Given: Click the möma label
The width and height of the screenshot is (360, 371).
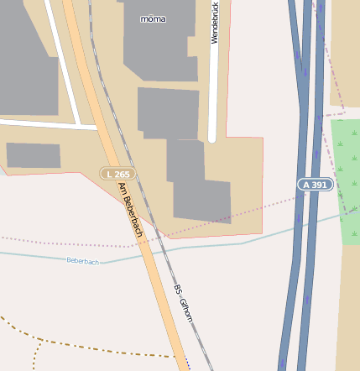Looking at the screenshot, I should point(153,18).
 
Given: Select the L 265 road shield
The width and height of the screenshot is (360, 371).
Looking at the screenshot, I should point(117,174).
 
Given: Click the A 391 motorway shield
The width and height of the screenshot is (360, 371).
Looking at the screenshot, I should point(316,184).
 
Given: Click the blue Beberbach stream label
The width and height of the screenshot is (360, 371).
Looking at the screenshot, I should point(83,262).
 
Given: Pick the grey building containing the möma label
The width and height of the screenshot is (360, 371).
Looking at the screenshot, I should point(164,42).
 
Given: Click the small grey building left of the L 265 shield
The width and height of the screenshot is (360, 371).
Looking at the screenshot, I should point(34,155).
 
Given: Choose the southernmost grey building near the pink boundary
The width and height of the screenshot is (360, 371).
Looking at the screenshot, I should point(201,201).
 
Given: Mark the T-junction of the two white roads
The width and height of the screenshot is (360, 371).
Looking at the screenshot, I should point(80,127).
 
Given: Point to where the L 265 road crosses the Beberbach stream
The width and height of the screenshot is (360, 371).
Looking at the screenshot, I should point(143,254).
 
